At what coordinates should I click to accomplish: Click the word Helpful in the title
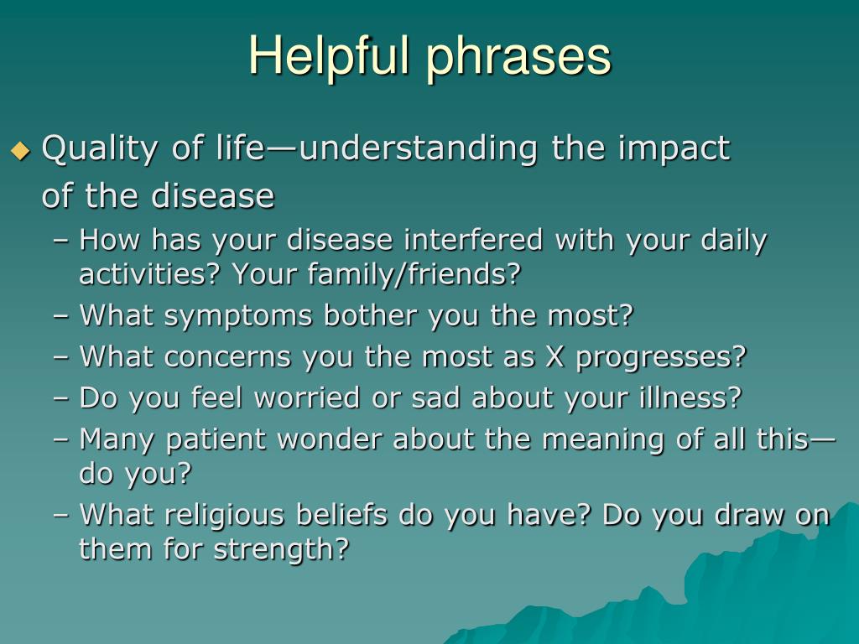tap(329, 55)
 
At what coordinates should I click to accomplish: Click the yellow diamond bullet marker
tap(21, 150)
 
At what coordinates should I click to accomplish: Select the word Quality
tap(100, 149)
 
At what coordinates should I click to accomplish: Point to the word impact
tap(674, 149)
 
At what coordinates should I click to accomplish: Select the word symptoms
tap(237, 317)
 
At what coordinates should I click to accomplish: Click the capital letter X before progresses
tap(554, 357)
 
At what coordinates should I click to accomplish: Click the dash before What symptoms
tap(61, 317)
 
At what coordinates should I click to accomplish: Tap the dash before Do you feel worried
tap(61, 398)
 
